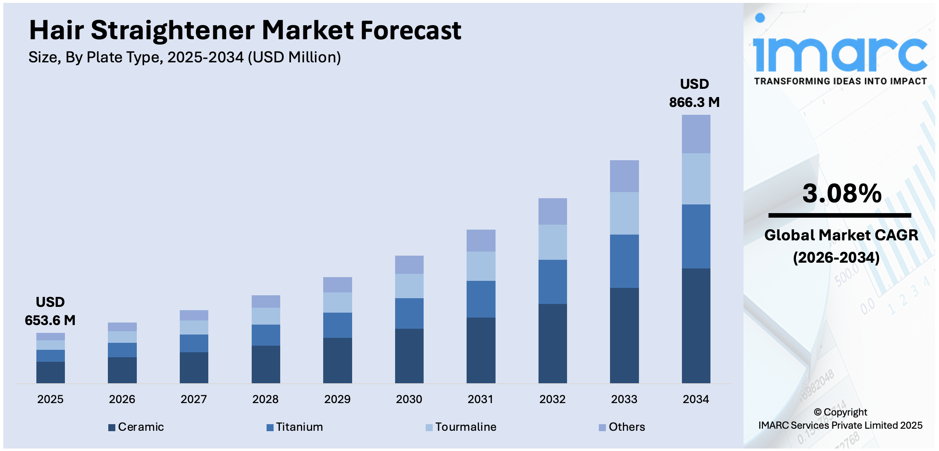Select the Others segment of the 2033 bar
624,176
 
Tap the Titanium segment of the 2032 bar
553,282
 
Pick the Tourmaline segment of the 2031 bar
481,266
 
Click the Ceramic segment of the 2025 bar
50,372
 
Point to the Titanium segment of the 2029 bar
337,325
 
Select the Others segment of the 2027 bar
194,315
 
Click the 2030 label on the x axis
409,399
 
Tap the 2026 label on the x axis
122,399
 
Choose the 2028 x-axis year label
265,399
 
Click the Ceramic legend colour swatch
112,427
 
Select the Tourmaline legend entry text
466,427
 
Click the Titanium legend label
299,427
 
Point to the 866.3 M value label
694,102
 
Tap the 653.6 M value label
50,320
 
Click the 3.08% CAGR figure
842,193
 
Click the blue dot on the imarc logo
760,18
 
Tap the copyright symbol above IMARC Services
817,412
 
